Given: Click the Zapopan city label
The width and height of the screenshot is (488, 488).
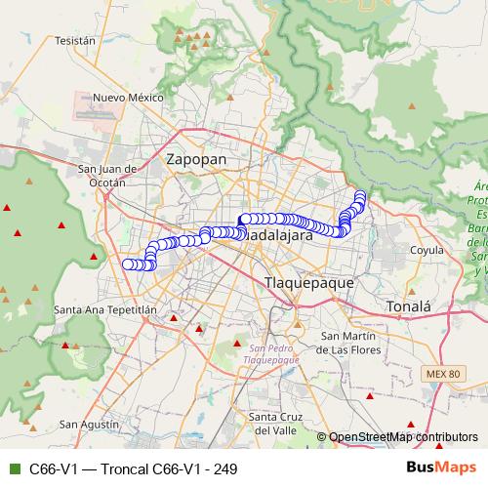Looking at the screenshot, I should [x=196, y=158].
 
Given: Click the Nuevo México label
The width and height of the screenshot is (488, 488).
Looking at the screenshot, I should [x=127, y=98].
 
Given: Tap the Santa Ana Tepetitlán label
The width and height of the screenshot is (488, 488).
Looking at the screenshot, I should [x=105, y=309].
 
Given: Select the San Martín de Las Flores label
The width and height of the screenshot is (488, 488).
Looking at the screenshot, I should [x=357, y=342].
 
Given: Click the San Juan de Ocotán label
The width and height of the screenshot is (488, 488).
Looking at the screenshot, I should [x=102, y=175].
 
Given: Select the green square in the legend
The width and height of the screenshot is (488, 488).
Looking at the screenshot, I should [x=14, y=469].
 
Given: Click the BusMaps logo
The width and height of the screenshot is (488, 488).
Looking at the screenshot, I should [x=441, y=468].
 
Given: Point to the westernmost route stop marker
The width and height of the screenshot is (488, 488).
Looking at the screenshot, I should [x=127, y=264].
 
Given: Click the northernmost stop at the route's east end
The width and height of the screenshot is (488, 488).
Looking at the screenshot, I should [x=360, y=195].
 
